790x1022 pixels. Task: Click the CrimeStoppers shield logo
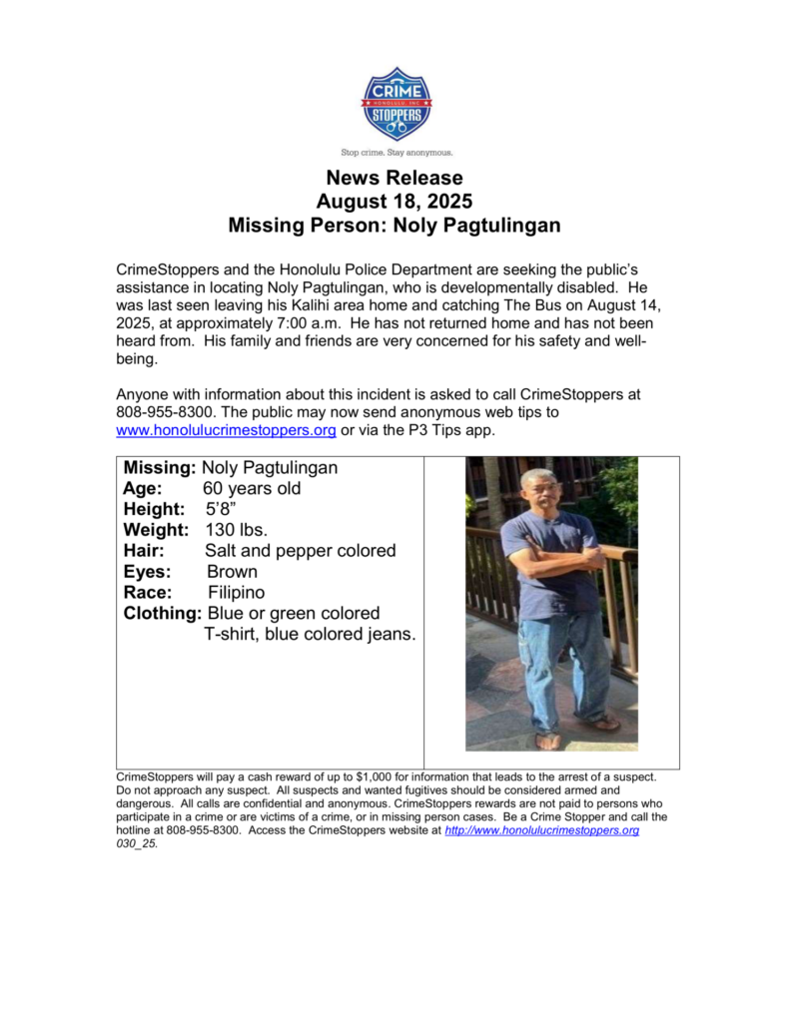coord(396,104)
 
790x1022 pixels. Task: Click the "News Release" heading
coord(395,179)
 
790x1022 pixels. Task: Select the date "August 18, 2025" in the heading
coord(395,202)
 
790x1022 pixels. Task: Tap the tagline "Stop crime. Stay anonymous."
coord(396,153)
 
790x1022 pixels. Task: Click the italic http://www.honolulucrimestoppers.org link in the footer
coord(541,829)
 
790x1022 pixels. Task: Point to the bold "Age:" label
coord(144,489)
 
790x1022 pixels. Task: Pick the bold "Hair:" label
coord(145,551)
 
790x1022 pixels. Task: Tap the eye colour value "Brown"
coord(232,572)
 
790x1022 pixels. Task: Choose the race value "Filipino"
coord(237,593)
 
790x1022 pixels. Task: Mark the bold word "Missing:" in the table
coord(160,468)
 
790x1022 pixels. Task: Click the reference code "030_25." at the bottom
coord(138,842)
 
